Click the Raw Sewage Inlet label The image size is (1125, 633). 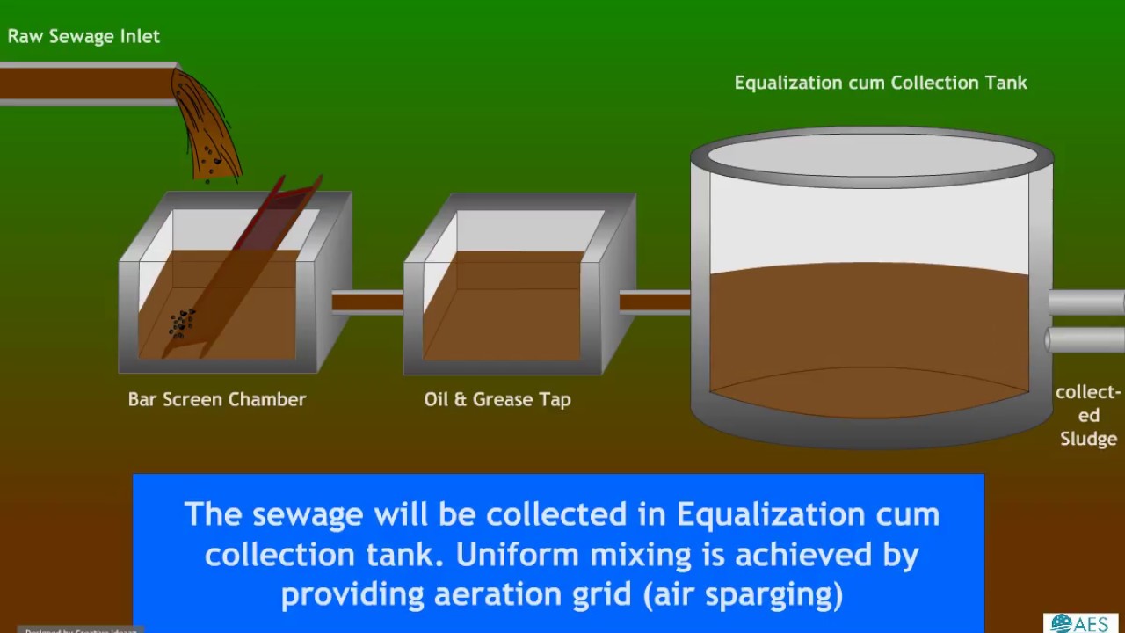tap(83, 36)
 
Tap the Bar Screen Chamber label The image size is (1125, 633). tap(216, 399)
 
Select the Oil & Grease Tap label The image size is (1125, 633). tap(497, 399)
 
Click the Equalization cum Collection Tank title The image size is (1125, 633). tap(880, 83)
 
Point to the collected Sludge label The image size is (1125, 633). tap(1088, 415)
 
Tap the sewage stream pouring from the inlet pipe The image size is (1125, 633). tap(207, 127)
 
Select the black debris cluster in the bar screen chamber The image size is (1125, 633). tap(182, 323)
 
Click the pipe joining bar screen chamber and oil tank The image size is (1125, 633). tap(367, 302)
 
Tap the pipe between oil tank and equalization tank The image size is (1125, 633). tap(655, 302)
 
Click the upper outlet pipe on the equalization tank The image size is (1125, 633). tap(1086, 302)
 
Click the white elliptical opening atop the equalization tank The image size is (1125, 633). tap(872, 156)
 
